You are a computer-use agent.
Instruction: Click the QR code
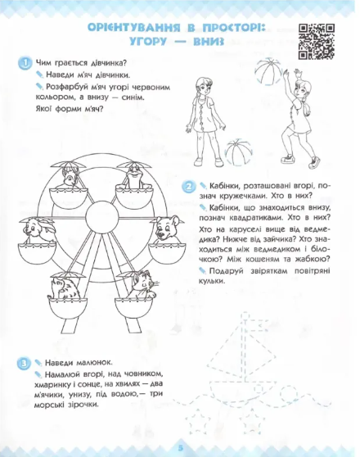317,42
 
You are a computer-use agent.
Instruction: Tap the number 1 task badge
25,63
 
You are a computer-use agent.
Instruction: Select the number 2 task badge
189,187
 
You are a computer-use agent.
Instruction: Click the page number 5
181,447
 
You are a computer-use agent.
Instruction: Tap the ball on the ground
239,152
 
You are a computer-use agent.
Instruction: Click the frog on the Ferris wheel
133,177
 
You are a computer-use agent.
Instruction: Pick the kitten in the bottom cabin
142,285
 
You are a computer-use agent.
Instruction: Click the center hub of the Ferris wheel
102,217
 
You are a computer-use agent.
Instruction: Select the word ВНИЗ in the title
209,42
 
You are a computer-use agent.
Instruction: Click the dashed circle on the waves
290,393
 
